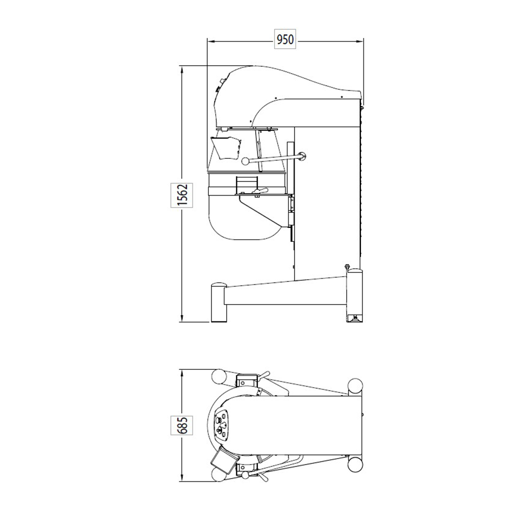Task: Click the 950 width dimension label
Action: click(x=285, y=40)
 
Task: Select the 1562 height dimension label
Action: click(x=181, y=195)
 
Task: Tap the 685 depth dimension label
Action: click(x=181, y=426)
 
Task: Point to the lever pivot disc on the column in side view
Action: click(x=301, y=155)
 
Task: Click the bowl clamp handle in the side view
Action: click(x=259, y=190)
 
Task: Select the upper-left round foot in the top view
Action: click(x=218, y=376)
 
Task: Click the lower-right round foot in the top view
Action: click(x=355, y=463)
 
